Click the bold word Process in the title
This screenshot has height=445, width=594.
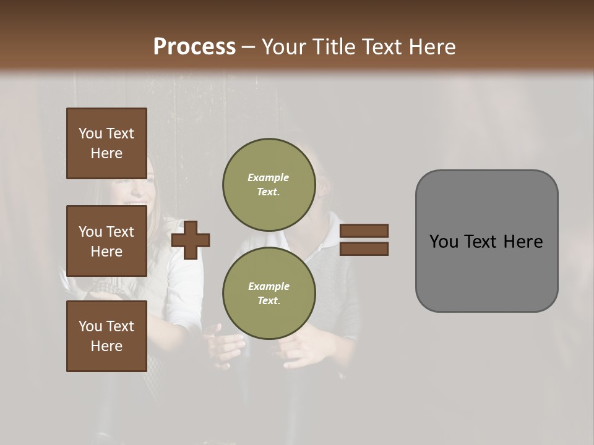click(194, 47)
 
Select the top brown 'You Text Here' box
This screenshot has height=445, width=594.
click(106, 143)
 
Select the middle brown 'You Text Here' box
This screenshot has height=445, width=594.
click(106, 241)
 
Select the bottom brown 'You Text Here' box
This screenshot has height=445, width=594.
click(106, 336)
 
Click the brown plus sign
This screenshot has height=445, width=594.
click(191, 240)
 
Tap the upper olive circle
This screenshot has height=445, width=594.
click(269, 184)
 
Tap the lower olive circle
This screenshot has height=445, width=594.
click(269, 293)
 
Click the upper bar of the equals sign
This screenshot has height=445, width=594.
click(364, 231)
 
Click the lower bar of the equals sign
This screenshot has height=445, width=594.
click(364, 248)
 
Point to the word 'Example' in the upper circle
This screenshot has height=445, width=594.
click(269, 177)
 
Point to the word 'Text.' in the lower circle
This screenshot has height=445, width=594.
click(269, 300)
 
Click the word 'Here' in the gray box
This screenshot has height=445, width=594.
click(523, 242)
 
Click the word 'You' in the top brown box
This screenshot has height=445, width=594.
click(90, 133)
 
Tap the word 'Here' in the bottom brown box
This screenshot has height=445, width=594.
click(106, 346)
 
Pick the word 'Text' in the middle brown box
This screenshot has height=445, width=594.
click(119, 232)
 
